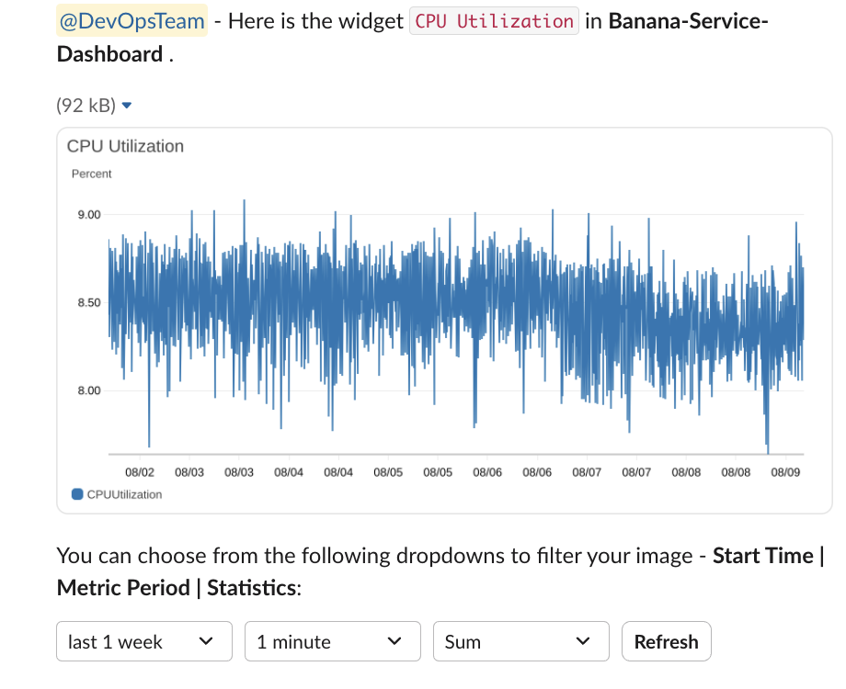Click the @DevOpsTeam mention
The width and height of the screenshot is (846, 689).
[131, 20]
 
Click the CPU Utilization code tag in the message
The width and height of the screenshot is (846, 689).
[494, 20]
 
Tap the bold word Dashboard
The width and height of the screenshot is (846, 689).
[109, 54]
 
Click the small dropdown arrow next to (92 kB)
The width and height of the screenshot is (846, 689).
[127, 106]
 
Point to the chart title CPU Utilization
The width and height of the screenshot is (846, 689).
[125, 146]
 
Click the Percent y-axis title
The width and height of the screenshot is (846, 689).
[91, 174]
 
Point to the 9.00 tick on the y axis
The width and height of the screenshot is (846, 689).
[88, 215]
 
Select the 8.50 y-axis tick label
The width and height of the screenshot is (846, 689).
[88, 303]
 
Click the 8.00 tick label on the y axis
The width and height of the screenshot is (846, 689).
[88, 391]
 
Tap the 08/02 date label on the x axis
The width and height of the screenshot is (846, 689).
[140, 472]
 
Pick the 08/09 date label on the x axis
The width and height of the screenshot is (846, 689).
[785, 472]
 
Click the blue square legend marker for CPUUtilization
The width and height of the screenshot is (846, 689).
[77, 494]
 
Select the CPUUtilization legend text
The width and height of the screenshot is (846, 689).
[124, 494]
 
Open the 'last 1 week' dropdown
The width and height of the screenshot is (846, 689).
[144, 641]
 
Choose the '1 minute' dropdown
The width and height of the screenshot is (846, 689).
[332, 641]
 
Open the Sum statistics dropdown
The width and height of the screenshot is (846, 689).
[520, 641]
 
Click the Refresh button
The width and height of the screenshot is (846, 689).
[666, 641]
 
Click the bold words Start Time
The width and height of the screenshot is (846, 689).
[763, 556]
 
